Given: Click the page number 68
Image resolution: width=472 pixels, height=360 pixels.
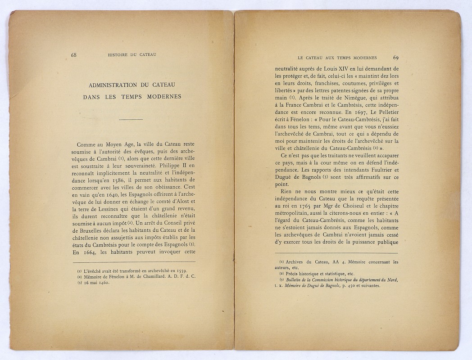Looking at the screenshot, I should pos(73,55).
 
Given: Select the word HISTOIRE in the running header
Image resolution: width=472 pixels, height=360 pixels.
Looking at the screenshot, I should pos(118,55).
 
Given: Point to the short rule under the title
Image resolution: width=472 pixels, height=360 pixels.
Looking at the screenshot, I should pos(131,119).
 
